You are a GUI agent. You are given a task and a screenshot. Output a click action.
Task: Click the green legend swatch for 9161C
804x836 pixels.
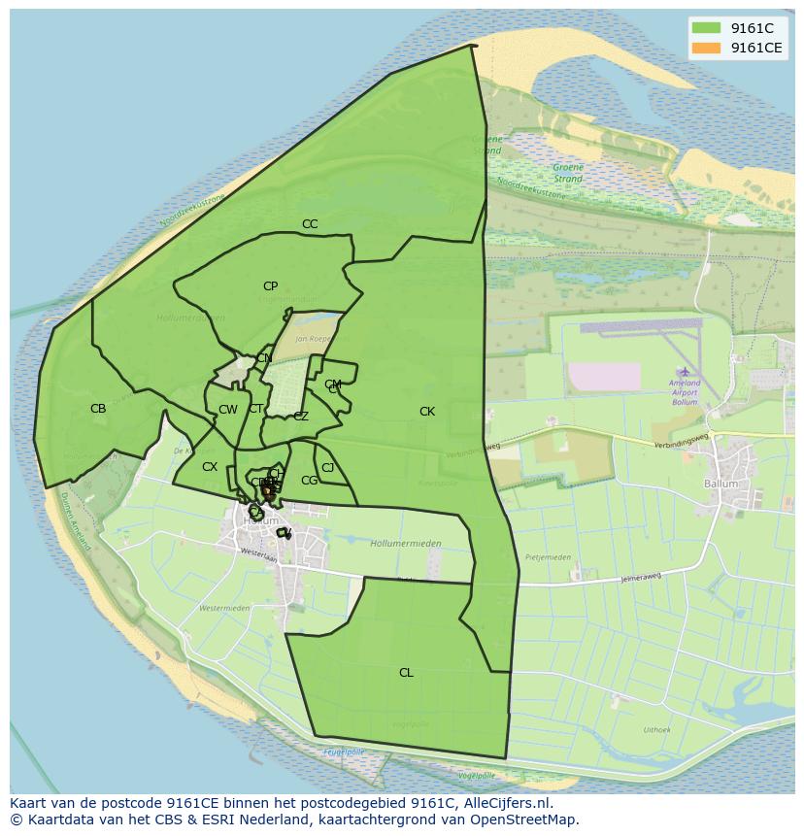click(706, 28)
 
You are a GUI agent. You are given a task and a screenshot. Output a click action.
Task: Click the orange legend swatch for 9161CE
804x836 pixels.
click(706, 48)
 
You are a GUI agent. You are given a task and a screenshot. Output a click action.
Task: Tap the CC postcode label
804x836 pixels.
click(310, 224)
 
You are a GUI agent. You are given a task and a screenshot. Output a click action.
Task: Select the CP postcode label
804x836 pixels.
click(270, 286)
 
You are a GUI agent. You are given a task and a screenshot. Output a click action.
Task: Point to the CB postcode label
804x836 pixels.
click(98, 409)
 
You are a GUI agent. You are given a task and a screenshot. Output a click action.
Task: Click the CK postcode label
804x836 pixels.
click(427, 412)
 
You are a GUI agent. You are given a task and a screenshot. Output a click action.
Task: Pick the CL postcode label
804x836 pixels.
click(406, 673)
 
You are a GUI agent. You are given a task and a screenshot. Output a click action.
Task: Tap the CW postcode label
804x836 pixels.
click(228, 410)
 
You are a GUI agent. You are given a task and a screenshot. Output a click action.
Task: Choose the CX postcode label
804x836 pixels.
click(210, 467)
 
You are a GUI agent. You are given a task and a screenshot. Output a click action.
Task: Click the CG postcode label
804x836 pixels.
click(309, 481)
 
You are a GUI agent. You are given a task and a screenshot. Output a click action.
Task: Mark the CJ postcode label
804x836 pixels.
click(328, 468)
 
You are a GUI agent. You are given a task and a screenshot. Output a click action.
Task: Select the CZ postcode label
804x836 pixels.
click(301, 417)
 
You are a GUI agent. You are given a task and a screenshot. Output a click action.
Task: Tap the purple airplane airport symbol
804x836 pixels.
click(686, 371)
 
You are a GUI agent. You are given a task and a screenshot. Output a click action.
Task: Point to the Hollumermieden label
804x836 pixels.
click(406, 544)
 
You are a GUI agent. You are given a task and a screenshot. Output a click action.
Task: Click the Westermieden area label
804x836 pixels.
click(224, 609)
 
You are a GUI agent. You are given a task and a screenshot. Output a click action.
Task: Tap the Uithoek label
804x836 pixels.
click(656, 729)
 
